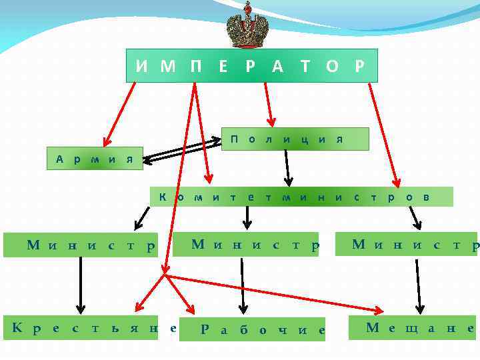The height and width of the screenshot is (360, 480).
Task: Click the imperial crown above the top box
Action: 247,25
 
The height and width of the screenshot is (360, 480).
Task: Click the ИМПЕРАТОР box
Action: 251,65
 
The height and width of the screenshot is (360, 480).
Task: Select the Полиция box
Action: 295,139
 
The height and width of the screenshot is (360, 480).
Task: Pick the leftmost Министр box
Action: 80,245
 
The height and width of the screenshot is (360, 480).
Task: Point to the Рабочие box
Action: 263,329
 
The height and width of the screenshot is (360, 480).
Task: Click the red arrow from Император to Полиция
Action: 267,103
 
